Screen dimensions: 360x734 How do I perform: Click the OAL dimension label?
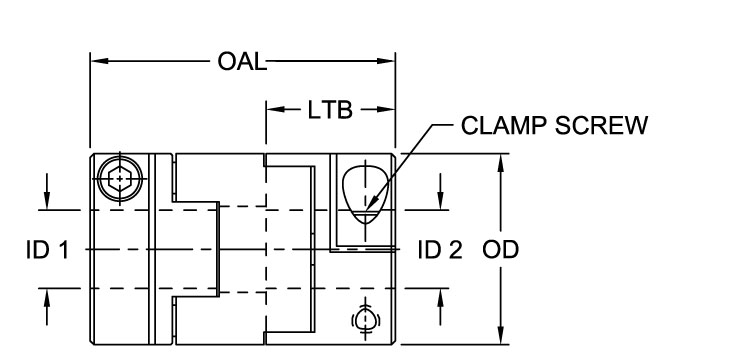pos(242,62)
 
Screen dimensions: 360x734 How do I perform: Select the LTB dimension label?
pos(330,110)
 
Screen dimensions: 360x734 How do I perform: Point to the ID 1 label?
pos(47,249)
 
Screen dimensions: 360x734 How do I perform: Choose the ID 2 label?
pos(440,249)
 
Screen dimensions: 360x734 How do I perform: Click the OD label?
pos(500,249)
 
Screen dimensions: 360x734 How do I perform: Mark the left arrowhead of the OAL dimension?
pos(98,62)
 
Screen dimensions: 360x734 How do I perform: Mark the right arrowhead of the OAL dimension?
pos(389,62)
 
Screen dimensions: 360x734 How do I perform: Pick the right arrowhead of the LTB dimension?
pos(389,110)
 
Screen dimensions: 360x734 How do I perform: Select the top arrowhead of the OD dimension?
pos(500,160)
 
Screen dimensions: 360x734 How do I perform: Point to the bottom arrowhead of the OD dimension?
pos(500,337)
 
